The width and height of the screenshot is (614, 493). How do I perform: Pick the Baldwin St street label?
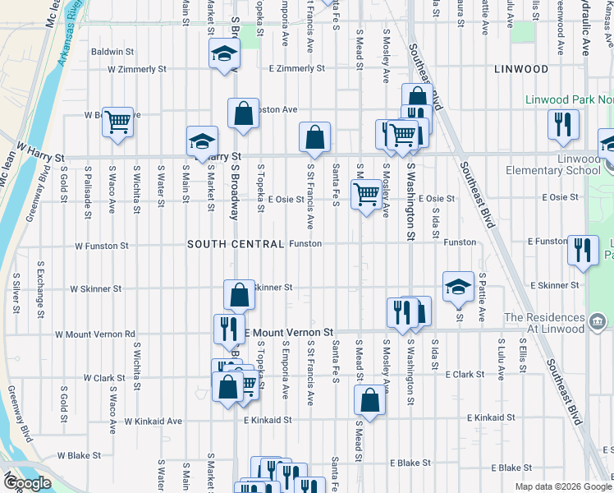(113, 51)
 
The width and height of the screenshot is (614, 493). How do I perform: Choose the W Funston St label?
(101, 246)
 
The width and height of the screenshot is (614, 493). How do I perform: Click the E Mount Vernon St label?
(291, 332)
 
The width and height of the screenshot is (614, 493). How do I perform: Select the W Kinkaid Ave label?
(153, 421)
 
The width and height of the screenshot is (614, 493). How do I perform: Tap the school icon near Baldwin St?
(223, 54)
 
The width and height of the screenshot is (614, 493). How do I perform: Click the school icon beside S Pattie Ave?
(458, 287)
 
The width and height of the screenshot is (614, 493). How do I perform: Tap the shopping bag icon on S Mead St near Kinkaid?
(369, 401)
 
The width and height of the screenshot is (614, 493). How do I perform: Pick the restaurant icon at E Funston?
(583, 248)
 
